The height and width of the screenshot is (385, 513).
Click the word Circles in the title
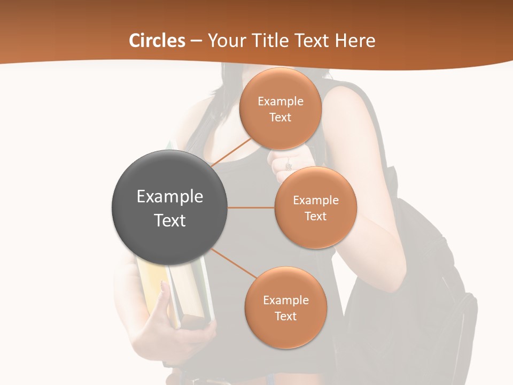[x=157, y=41]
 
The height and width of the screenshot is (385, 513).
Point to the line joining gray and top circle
[x=231, y=152]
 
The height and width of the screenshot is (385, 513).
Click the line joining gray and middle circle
[x=251, y=207]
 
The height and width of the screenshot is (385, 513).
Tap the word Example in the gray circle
[x=170, y=197]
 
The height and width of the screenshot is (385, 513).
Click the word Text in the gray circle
[x=170, y=220]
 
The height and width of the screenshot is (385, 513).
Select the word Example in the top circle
[x=281, y=102]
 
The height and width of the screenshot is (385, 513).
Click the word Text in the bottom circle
[x=285, y=316]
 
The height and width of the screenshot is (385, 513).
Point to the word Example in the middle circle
[x=316, y=201]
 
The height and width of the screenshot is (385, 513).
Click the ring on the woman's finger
[x=289, y=166]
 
